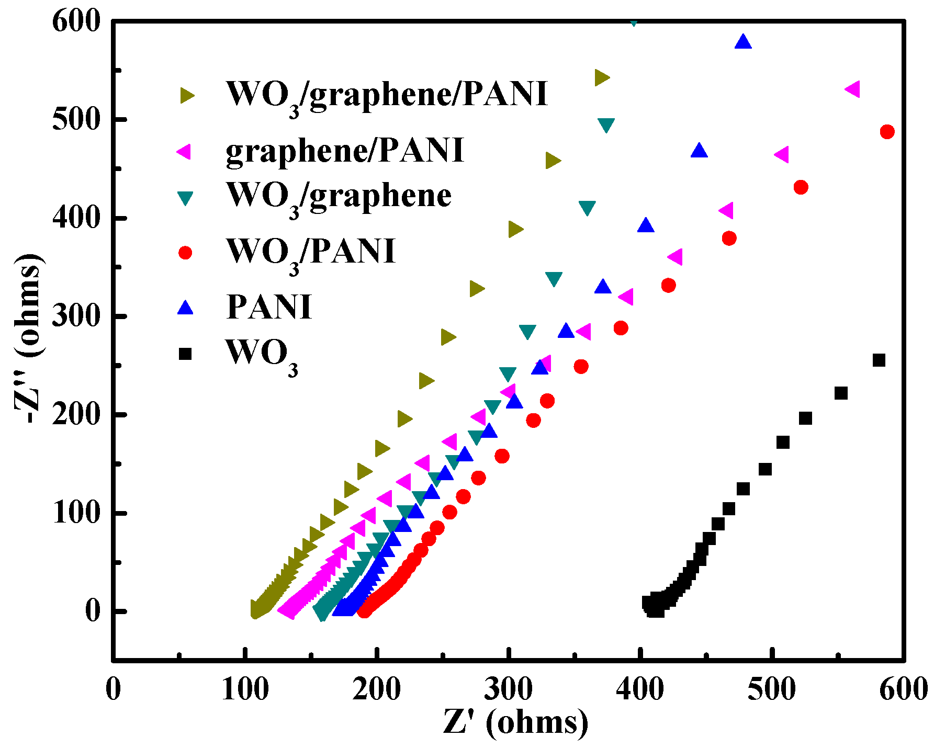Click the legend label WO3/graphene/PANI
point(386,95)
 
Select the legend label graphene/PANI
point(344,151)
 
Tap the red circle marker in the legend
point(185,253)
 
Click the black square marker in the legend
point(185,354)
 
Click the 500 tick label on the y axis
point(76,120)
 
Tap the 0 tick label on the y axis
point(93,611)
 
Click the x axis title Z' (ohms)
point(515,723)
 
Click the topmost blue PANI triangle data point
point(743,42)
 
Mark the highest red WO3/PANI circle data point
point(887,132)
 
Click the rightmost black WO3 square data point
point(879,360)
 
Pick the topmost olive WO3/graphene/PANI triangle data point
point(602,78)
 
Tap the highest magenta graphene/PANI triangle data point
point(852,89)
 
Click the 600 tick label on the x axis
point(903,689)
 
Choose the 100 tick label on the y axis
point(76,513)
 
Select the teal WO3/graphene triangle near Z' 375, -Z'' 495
point(606,126)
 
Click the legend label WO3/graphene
point(339,196)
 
